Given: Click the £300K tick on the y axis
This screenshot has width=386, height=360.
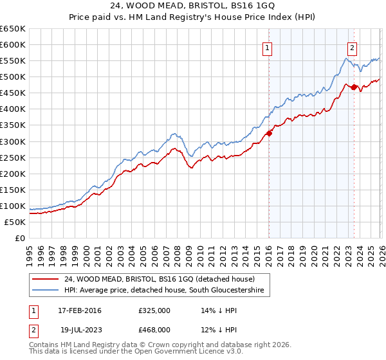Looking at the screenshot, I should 12,141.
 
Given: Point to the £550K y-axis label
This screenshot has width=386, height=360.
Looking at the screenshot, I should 12,61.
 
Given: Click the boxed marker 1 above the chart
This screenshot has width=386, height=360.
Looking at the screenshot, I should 267,47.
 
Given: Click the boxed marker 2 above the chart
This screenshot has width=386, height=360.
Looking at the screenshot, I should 353,47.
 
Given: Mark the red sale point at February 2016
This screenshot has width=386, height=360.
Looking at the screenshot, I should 269,133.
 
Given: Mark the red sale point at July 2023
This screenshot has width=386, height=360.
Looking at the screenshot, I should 354,87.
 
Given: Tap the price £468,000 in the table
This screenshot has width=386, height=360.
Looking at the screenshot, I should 154,329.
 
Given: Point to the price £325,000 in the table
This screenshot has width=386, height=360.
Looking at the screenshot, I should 154,310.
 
